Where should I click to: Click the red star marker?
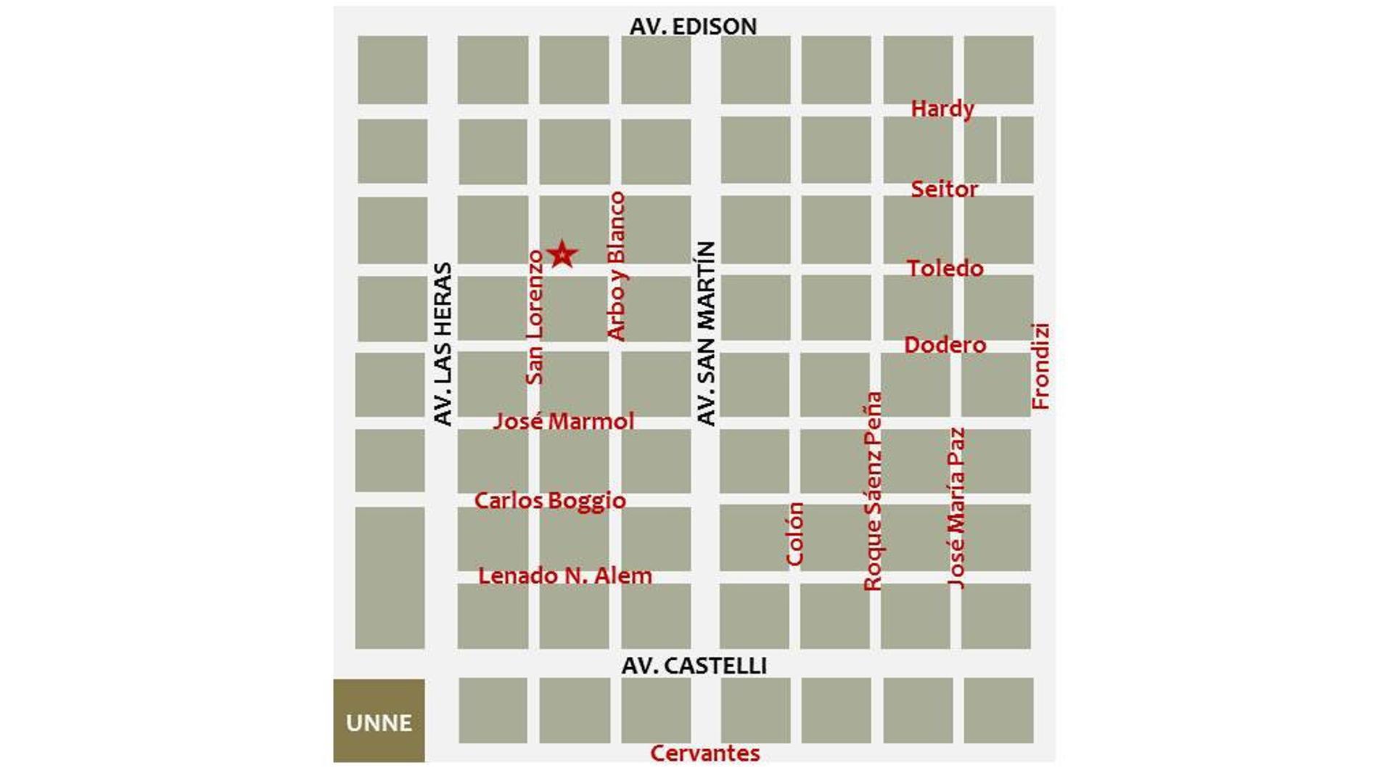562,255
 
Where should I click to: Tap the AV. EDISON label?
693,26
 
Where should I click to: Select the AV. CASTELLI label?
694,666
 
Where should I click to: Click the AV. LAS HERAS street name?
443,343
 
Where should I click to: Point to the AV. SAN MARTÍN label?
706,333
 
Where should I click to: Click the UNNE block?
379,722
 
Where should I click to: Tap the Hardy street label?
942,109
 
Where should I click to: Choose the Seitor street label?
944,189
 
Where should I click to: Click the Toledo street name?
945,269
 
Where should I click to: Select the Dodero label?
945,345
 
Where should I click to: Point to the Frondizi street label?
1040,367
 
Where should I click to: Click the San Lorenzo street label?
535,317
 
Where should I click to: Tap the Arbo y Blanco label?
616,266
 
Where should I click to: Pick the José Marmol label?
564,421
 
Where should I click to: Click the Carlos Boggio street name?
550,501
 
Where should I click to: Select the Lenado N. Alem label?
565,576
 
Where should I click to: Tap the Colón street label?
795,534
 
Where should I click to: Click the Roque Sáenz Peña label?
873,491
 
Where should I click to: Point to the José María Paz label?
957,507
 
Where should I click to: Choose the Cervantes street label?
704,754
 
